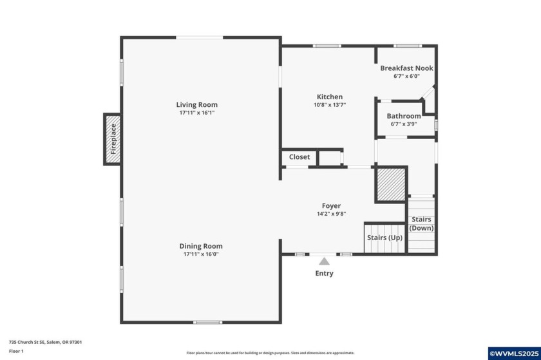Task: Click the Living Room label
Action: pyautogui.click(x=197, y=104)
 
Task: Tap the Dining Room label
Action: pyautogui.click(x=200, y=246)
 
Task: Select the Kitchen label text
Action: pyautogui.click(x=329, y=97)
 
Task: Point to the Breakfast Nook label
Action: pyautogui.click(x=406, y=68)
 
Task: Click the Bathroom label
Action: pyautogui.click(x=404, y=116)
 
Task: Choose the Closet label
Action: pyautogui.click(x=299, y=156)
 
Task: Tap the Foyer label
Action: pyautogui.click(x=331, y=206)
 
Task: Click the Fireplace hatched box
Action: pyautogui.click(x=113, y=139)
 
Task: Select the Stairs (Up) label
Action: pyautogui.click(x=384, y=238)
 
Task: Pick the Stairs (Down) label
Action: pyautogui.click(x=422, y=223)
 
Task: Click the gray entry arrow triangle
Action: pyautogui.click(x=325, y=261)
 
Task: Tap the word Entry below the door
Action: pyautogui.click(x=324, y=273)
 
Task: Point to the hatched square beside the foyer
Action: pyautogui.click(x=390, y=185)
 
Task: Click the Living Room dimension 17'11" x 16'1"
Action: pyautogui.click(x=197, y=113)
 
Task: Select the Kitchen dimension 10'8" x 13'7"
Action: pyautogui.click(x=330, y=105)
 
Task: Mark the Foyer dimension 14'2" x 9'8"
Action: pyautogui.click(x=331, y=214)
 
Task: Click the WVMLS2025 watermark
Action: pyautogui.click(x=513, y=353)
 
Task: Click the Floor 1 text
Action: pyautogui.click(x=16, y=351)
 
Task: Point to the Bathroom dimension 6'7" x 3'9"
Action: pyautogui.click(x=404, y=124)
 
